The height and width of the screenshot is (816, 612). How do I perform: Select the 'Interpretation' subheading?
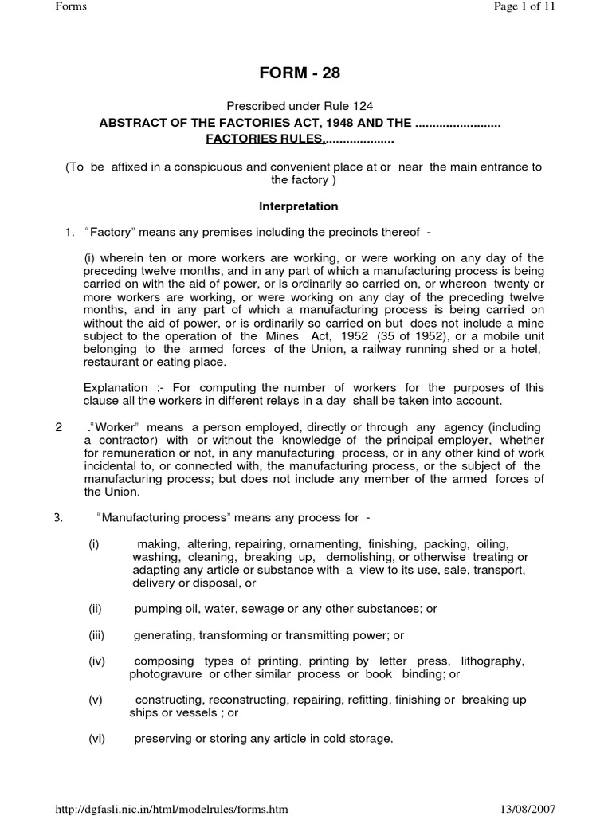pyautogui.click(x=300, y=206)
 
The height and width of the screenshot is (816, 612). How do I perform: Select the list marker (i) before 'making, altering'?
pyautogui.click(x=94, y=543)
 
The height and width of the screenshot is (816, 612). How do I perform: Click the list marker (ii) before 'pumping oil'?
pyautogui.click(x=96, y=608)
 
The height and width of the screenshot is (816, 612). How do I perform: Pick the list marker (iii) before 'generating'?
pyautogui.click(x=97, y=634)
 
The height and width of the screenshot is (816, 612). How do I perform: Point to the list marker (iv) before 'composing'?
pyautogui.click(x=96, y=661)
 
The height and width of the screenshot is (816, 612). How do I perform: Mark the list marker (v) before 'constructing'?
pyautogui.click(x=96, y=700)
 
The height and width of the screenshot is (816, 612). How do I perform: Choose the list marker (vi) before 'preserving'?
pyautogui.click(x=96, y=739)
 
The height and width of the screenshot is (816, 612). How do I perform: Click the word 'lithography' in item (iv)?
pyautogui.click(x=493, y=661)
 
